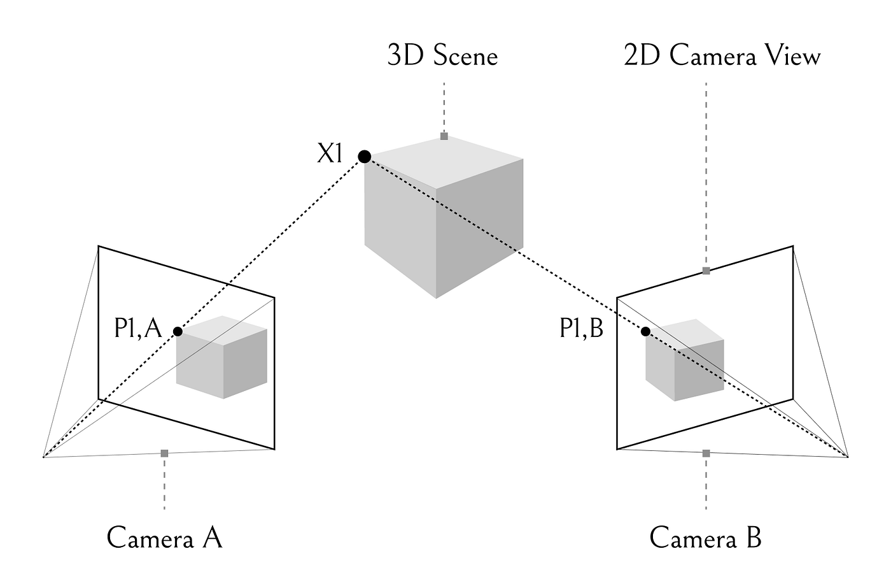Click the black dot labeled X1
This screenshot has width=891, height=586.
364,156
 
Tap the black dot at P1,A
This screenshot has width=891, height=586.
178,331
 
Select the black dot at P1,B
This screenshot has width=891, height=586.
645,331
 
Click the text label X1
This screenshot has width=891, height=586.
330,154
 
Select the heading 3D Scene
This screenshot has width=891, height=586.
442,56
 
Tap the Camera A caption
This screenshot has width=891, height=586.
164,538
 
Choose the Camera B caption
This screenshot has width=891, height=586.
705,538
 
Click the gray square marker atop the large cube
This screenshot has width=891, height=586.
444,136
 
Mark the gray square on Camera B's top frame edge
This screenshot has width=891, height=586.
706,271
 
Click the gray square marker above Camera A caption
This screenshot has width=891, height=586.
164,453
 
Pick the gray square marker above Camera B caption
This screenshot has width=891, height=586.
706,453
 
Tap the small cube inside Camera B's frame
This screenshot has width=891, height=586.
685,362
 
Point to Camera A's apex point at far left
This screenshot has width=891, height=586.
43,457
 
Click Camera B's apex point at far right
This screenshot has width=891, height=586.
848,456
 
